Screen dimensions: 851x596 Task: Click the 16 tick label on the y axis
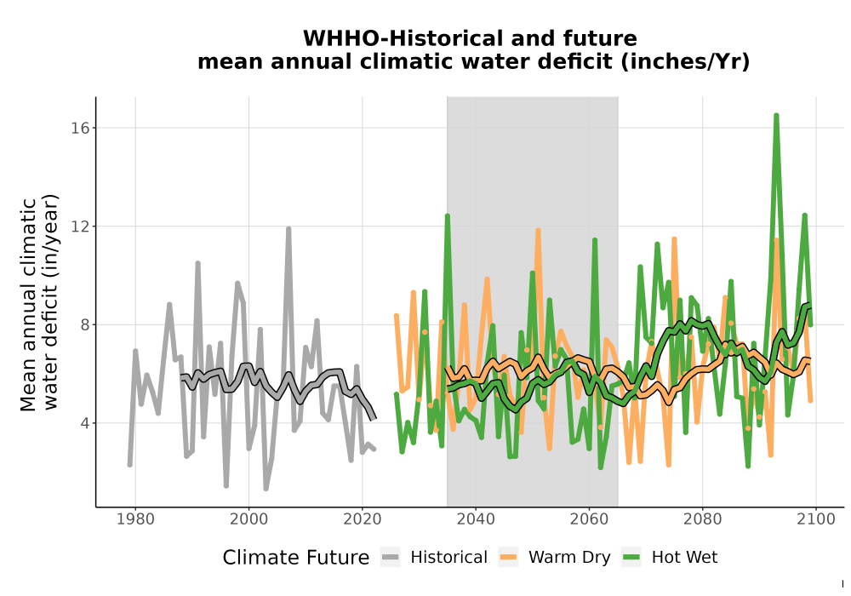pos(80,128)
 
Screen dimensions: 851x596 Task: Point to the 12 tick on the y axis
pos(80,226)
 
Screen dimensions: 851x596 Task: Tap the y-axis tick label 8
pos(85,324)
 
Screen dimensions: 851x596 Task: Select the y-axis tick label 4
pos(85,423)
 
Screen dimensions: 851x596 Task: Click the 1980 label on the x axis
pos(135,519)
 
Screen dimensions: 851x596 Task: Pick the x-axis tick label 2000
pos(249,519)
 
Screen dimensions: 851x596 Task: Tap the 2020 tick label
pos(363,519)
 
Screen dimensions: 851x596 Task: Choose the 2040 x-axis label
pos(476,519)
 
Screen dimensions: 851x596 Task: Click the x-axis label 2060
pos(589,519)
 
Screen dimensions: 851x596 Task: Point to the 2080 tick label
pos(702,519)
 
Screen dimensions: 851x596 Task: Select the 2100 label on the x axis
pos(816,519)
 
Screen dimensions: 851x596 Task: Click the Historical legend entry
pos(434,558)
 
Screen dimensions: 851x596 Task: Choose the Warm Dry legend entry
pos(555,558)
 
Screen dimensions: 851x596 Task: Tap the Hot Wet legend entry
pos(670,558)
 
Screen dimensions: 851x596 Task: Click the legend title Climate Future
pos(296,558)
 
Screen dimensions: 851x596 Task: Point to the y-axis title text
pos(39,303)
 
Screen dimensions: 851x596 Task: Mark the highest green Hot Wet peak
pos(777,115)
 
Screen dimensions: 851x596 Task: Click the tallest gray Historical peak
pos(288,229)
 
